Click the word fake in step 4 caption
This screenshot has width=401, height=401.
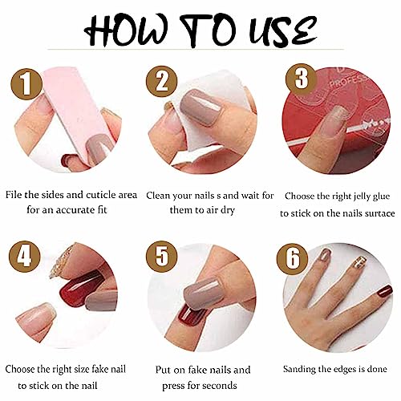95,370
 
